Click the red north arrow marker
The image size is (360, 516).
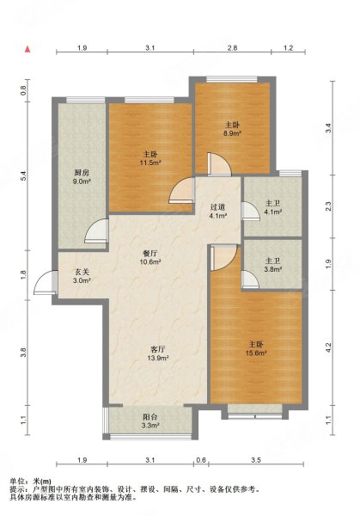coord(28,49)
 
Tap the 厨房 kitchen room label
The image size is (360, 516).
coord(82,173)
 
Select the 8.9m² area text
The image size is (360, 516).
coord(233,133)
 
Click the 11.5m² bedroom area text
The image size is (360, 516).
coord(151,163)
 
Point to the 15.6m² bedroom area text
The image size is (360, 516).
coord(256,353)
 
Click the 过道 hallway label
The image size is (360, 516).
coord(217,207)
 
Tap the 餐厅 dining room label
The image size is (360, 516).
coord(149,254)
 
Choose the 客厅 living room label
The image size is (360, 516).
coord(157,349)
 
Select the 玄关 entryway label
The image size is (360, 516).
coord(82,272)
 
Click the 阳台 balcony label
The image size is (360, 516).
coord(150,417)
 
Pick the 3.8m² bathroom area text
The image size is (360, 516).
coord(273,269)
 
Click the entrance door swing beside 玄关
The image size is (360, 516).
coord(45,282)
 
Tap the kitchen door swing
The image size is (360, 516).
coord(95,231)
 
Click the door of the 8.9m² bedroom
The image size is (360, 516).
coord(220,163)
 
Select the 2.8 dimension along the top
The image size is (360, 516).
coord(233,48)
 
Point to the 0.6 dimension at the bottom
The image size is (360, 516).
coord(200,460)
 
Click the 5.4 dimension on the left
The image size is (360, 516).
coord(23,176)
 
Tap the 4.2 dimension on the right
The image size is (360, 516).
coord(329,347)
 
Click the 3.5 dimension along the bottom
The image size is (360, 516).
coord(256,460)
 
